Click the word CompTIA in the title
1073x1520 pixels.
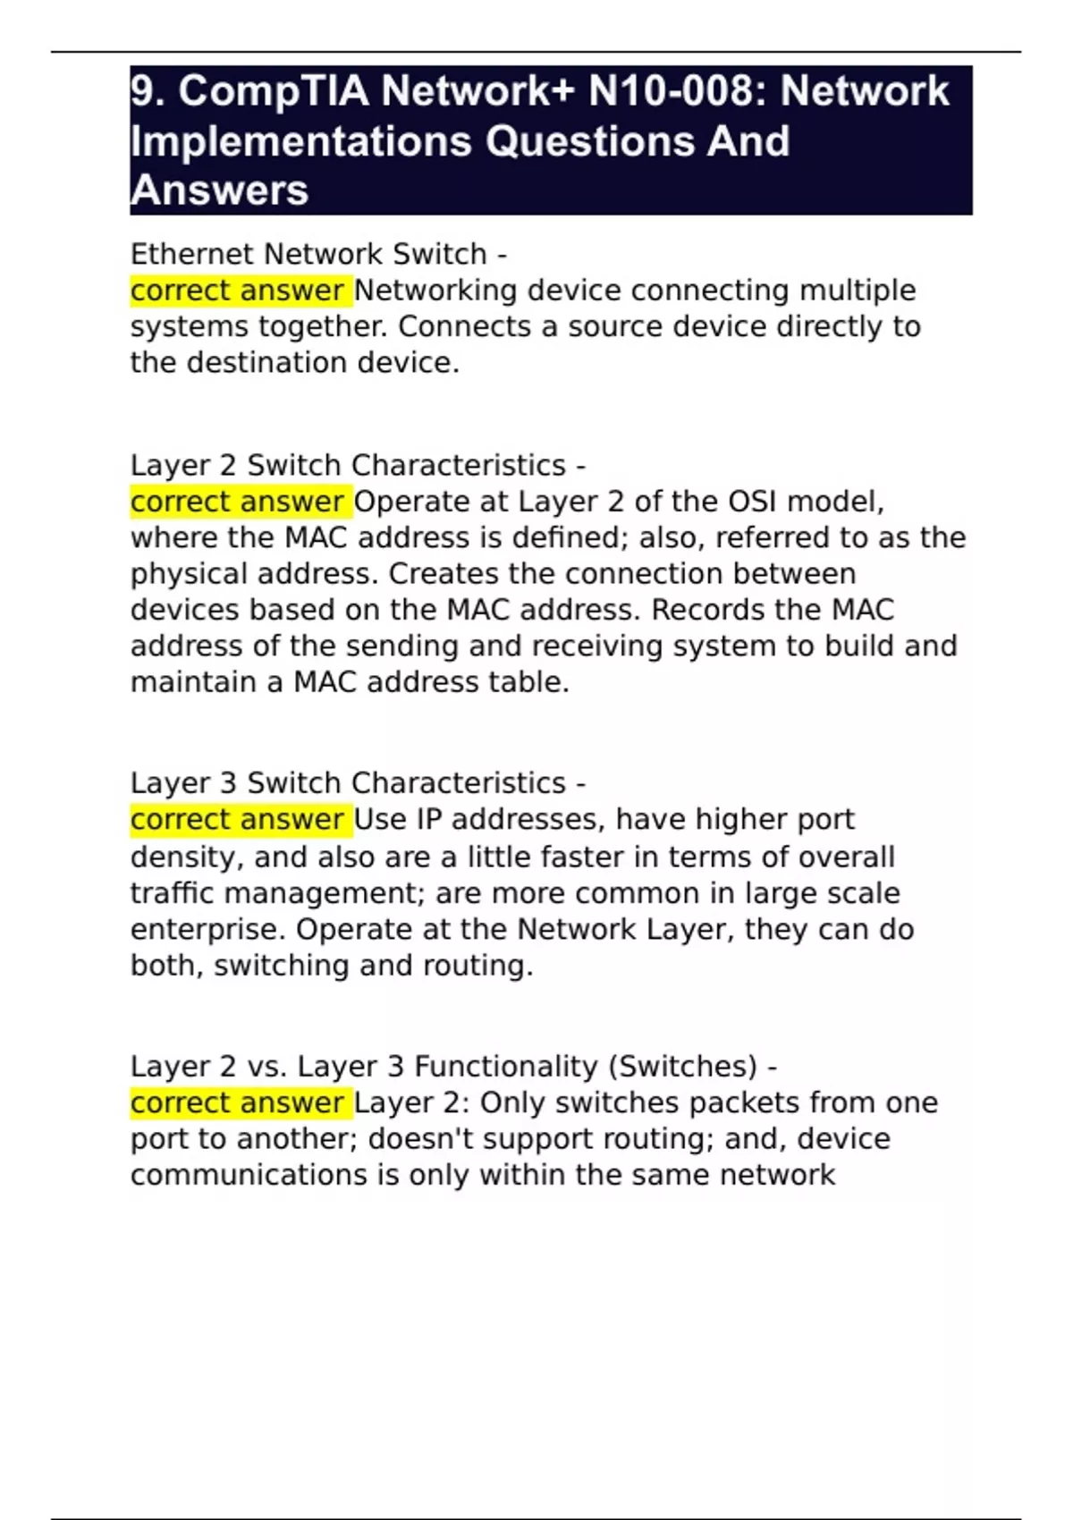(x=274, y=91)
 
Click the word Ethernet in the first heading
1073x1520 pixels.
(x=192, y=254)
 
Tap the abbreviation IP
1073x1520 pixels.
(x=429, y=819)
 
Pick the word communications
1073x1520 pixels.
(x=249, y=1175)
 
